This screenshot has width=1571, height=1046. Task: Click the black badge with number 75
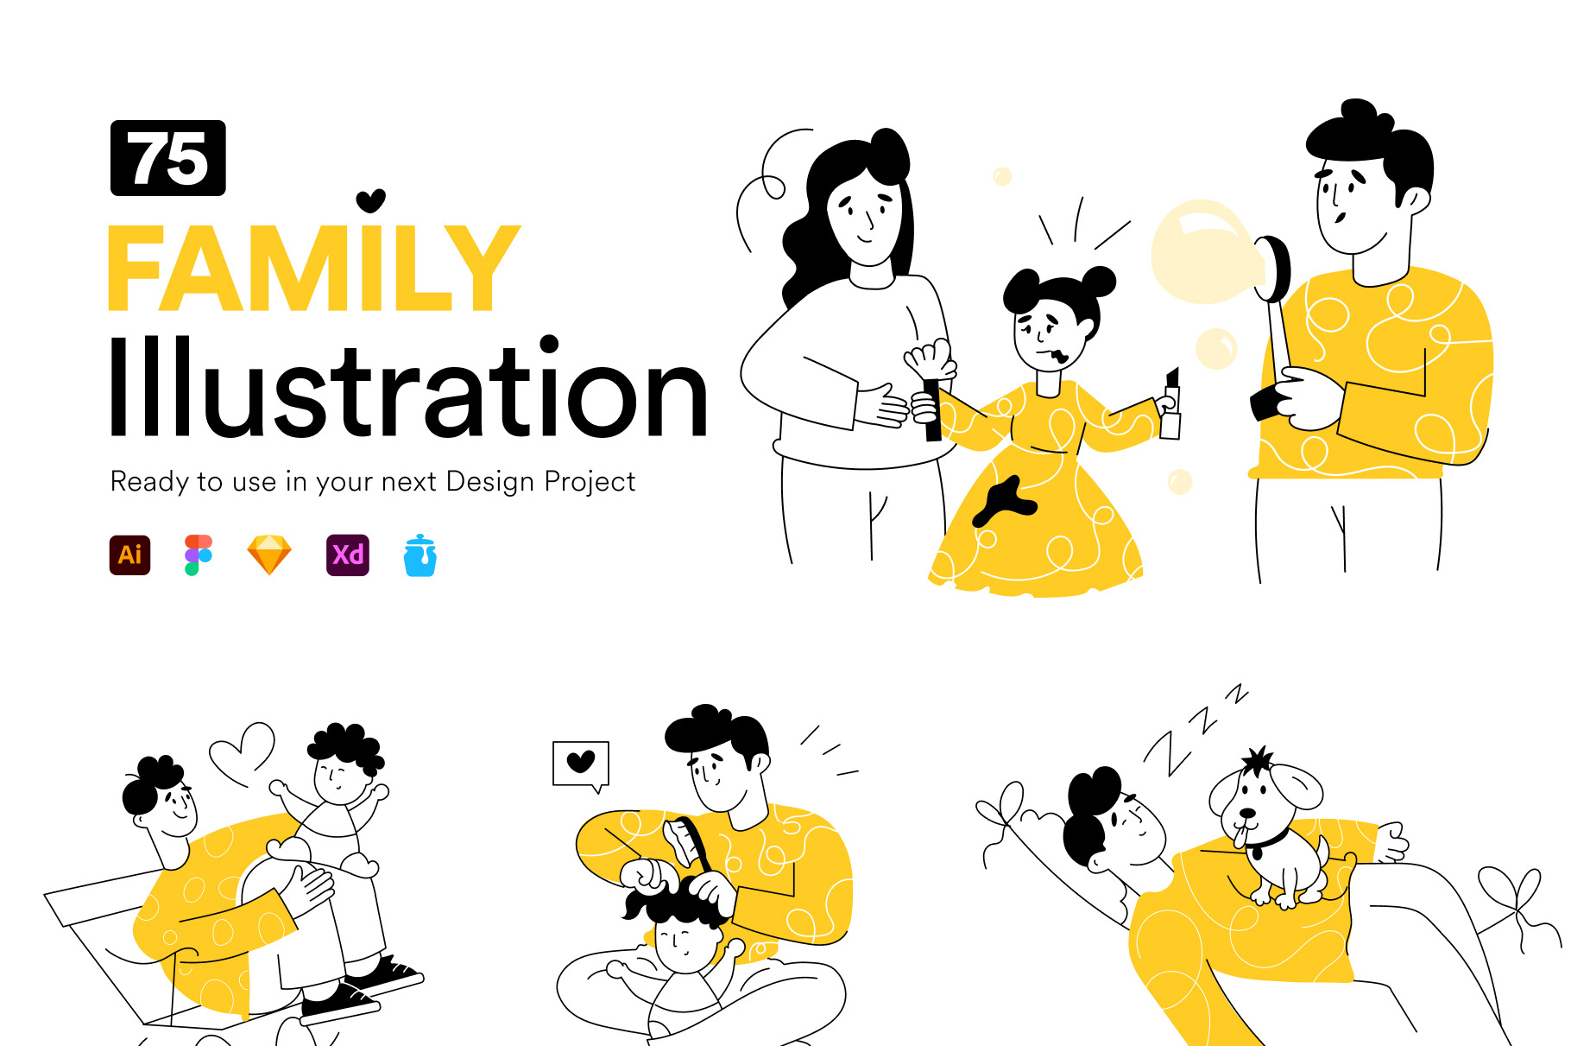[x=168, y=158]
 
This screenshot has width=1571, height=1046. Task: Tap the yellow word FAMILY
[x=314, y=268]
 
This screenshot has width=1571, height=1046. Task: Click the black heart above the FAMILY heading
[x=371, y=200]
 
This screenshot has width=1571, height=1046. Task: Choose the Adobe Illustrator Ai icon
[x=130, y=555]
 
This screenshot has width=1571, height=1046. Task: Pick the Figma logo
[x=199, y=555]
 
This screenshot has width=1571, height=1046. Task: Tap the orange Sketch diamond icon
[x=269, y=555]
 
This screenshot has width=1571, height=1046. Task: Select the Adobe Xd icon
[x=348, y=555]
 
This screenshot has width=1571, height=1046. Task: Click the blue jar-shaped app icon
[x=420, y=555]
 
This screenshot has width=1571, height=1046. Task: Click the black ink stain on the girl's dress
[x=1005, y=502]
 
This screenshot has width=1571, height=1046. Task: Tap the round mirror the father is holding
[x=1274, y=268]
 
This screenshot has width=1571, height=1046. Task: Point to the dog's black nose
[x=1248, y=813]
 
